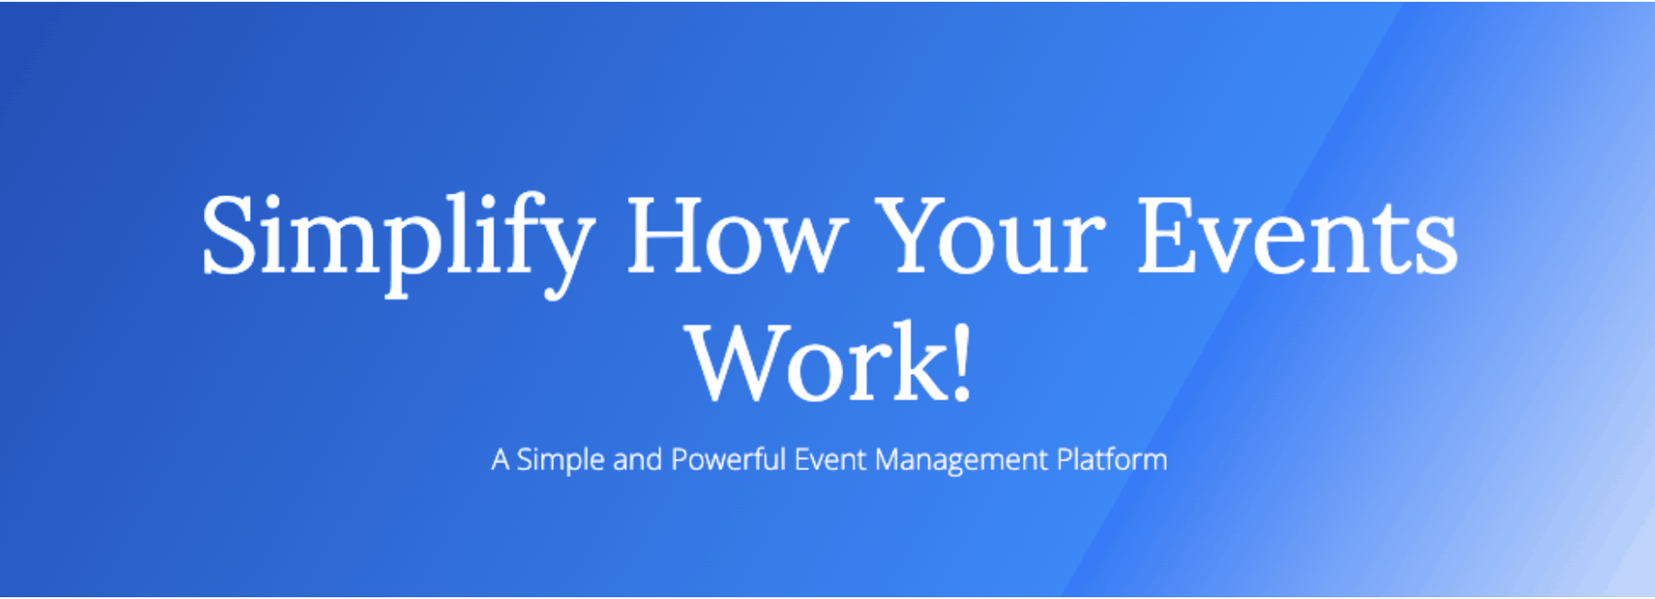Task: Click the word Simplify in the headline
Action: pos(397,243)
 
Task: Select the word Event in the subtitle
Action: pos(829,459)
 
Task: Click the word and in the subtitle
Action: pos(637,459)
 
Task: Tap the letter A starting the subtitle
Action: pos(500,459)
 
